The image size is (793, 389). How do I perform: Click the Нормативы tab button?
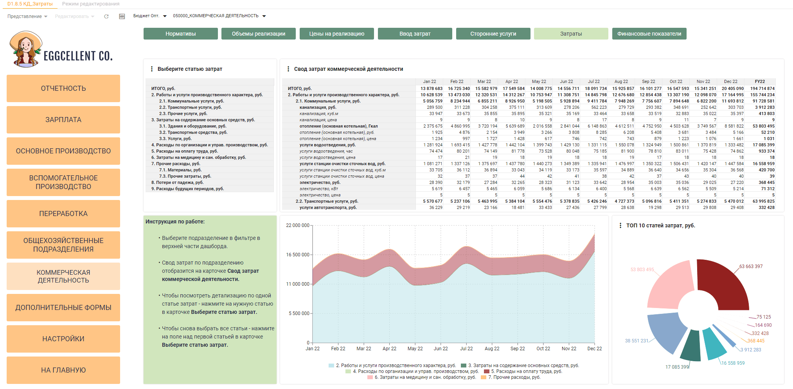click(x=180, y=34)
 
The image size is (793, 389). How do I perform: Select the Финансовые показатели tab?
click(x=649, y=34)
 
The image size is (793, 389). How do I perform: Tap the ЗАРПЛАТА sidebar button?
click(x=63, y=120)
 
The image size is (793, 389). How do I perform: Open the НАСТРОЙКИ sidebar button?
click(x=63, y=339)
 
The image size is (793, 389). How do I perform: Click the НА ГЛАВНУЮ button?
click(x=63, y=370)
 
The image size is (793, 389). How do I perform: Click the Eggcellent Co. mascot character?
click(x=25, y=50)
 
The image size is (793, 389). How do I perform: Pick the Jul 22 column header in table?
click(x=593, y=81)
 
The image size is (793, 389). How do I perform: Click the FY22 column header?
click(x=760, y=81)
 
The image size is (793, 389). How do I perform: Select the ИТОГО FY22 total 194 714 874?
click(x=762, y=88)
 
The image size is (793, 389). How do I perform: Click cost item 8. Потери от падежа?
click(x=177, y=182)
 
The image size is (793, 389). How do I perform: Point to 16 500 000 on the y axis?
click(x=298, y=255)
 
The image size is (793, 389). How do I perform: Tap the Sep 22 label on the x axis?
click(x=517, y=349)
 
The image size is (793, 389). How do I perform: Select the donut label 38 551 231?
click(x=637, y=341)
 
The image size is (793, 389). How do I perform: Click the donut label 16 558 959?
click(x=733, y=363)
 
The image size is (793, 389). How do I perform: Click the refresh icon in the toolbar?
click(x=106, y=16)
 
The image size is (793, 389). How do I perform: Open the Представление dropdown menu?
click(x=27, y=16)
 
